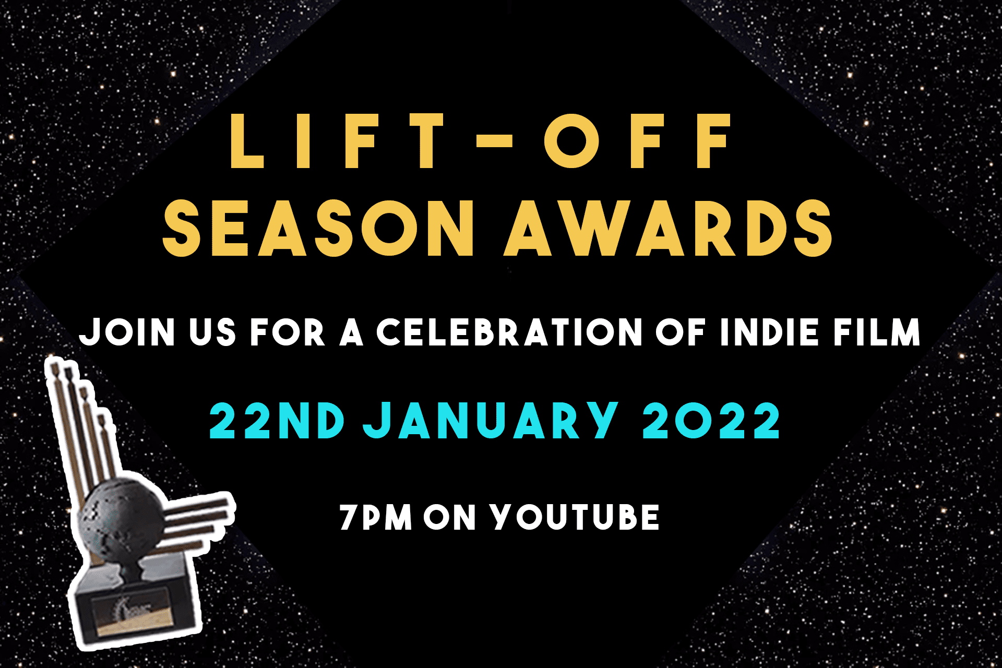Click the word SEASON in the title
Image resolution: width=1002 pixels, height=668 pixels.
(x=319, y=228)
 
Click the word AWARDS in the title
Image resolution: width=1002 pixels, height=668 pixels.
(x=668, y=228)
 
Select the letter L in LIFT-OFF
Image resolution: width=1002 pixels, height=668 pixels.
(x=246, y=141)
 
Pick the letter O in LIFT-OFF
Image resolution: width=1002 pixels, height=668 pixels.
(x=573, y=141)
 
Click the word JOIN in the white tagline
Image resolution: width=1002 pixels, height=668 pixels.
(x=127, y=332)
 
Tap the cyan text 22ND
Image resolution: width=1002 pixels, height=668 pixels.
(x=277, y=421)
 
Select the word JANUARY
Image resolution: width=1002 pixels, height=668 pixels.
(x=491, y=421)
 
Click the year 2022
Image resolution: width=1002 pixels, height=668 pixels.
(x=711, y=421)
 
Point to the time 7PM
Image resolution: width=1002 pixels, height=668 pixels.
(x=376, y=517)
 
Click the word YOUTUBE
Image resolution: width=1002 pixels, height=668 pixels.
(x=575, y=517)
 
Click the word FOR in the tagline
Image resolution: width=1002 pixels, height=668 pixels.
(x=288, y=332)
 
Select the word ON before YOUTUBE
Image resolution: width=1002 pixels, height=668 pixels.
(x=449, y=517)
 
